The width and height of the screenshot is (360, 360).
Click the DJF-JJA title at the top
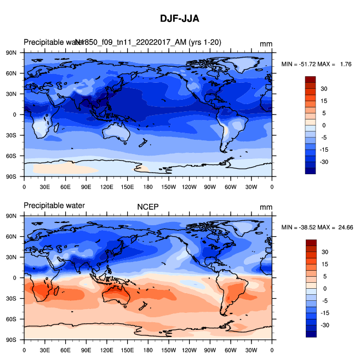point(180,19)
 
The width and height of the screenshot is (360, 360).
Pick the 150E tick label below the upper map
point(127,186)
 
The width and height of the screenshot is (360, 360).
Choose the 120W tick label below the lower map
point(190,350)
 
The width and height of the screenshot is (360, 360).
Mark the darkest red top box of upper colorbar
point(311,79)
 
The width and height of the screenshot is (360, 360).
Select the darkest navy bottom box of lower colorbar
point(311,334)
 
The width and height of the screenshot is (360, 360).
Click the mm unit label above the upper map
point(266,44)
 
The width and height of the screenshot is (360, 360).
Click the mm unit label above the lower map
point(266,207)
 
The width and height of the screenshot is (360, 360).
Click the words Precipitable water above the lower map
point(54,206)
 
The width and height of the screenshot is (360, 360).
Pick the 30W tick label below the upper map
point(252,186)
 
